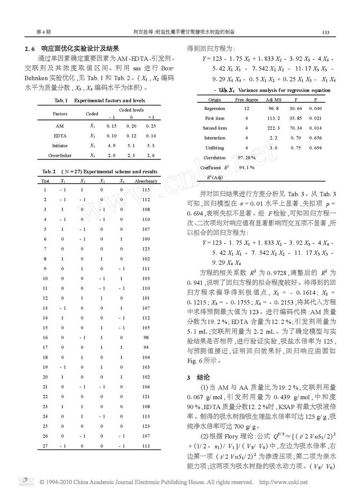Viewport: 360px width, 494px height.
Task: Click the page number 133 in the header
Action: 326,32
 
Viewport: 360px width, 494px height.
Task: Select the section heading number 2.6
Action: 30,49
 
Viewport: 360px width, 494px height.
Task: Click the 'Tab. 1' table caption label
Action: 61,100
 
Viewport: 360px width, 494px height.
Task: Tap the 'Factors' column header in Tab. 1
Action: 60,114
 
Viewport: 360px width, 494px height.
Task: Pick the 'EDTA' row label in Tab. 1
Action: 60,136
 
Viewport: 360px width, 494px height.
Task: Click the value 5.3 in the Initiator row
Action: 151,146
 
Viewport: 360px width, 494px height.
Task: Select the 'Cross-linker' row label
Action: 60,156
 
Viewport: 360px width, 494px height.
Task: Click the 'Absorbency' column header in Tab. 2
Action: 146,181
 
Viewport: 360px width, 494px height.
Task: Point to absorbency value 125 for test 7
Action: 146,249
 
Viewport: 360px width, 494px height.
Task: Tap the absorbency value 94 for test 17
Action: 146,347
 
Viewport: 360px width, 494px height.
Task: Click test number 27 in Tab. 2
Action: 45,446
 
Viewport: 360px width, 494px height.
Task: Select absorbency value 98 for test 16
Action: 146,338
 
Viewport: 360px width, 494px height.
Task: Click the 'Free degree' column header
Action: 247,100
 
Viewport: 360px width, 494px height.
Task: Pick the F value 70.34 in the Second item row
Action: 296,128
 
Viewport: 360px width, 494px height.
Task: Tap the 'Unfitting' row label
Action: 214,148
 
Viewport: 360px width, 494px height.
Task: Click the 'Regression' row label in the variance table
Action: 214,108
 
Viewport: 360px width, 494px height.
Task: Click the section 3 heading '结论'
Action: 203,377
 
